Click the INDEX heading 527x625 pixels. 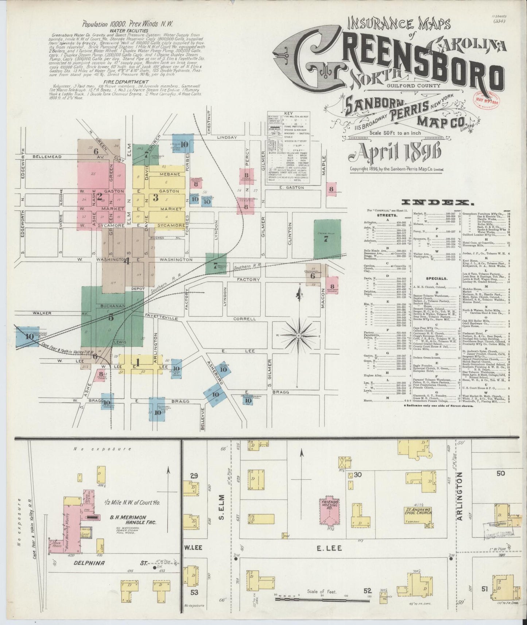point(434,202)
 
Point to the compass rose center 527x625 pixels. point(299,335)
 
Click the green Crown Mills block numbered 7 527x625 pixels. point(327,239)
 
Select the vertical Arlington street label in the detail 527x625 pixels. point(460,495)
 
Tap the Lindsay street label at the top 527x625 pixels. point(227,137)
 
